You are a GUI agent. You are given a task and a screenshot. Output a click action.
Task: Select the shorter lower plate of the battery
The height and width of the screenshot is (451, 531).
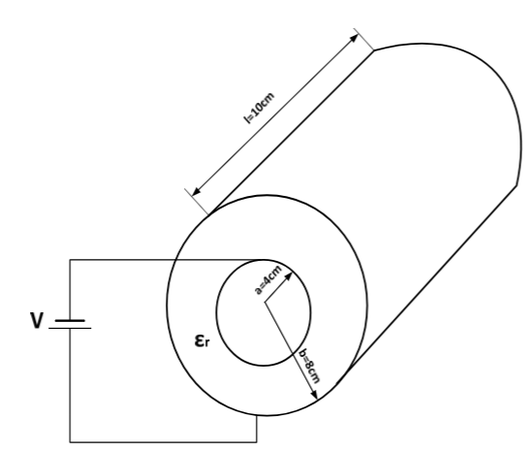point(71,328)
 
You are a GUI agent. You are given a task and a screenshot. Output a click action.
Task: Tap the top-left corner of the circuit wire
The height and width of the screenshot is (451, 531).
point(70,260)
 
